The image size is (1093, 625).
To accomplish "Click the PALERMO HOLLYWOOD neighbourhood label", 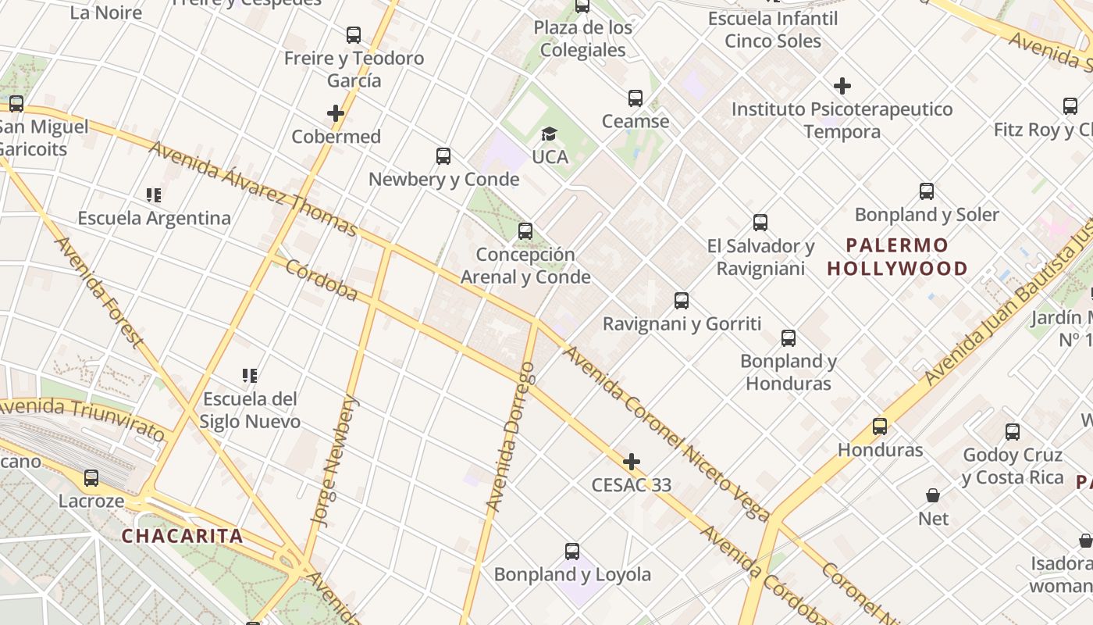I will tap(897, 257).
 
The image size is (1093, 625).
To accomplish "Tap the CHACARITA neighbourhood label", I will tap(182, 536).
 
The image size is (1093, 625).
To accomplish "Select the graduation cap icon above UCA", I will tap(550, 134).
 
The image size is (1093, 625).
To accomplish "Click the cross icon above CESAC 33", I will tap(632, 462).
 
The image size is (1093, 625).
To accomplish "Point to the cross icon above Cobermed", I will tap(336, 113).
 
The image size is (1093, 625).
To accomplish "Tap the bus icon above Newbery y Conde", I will tap(443, 156).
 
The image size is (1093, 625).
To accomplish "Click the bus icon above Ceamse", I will tap(636, 98).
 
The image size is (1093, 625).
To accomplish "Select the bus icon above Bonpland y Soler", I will tap(927, 191).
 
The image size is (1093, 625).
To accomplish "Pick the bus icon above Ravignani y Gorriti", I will tap(682, 301).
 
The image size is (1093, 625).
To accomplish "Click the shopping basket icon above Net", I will tap(933, 495).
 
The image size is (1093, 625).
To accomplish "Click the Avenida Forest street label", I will tap(98, 291).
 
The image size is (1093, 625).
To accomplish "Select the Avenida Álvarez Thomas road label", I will tap(253, 188).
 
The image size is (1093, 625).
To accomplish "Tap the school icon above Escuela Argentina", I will tap(154, 195).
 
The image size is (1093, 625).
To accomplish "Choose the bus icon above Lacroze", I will tap(91, 478).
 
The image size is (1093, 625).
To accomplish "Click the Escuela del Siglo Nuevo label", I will tap(250, 410).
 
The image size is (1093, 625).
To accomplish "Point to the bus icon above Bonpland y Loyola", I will tap(572, 552).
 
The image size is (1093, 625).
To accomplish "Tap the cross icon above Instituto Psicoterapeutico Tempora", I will tap(842, 86).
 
